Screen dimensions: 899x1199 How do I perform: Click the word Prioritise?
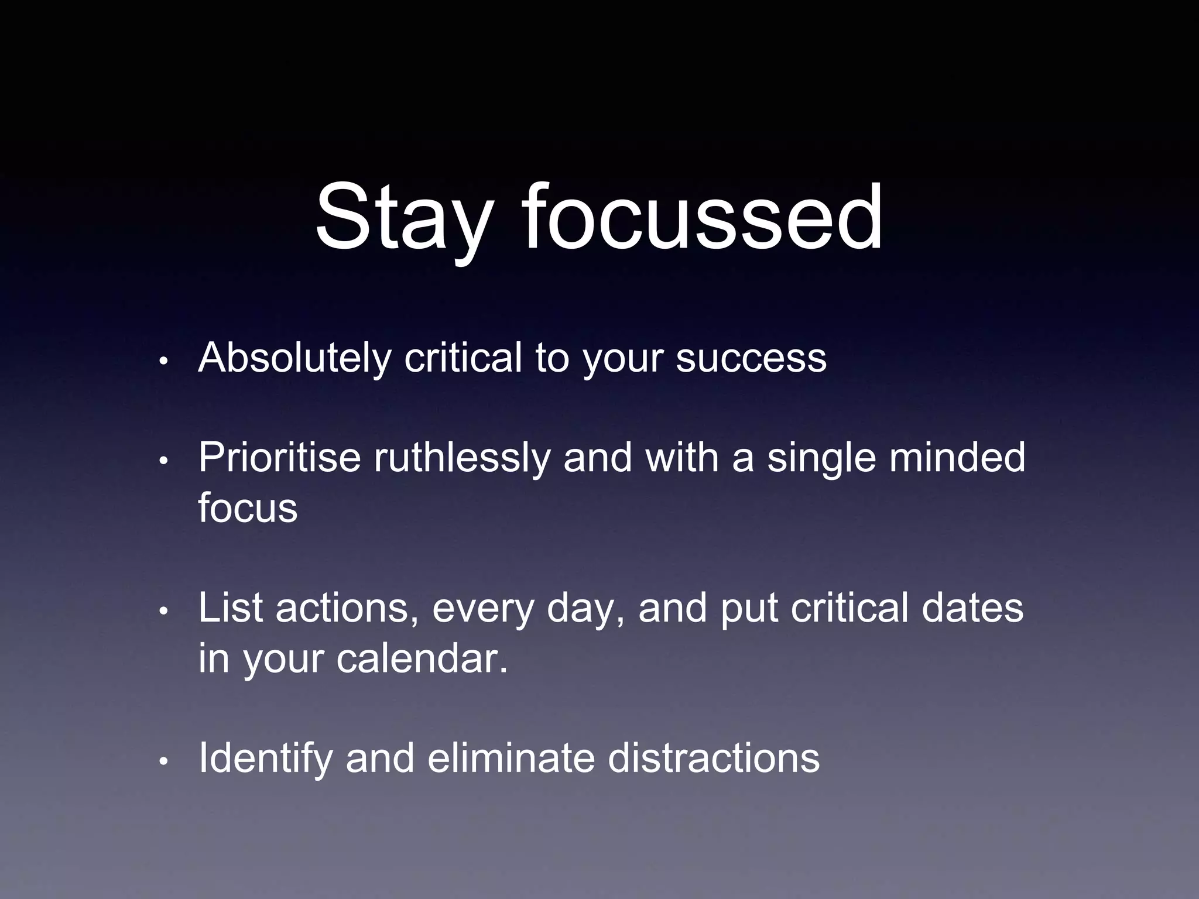[279, 458]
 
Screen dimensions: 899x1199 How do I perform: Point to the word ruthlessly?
[462, 458]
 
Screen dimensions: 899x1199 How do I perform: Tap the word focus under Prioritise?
[248, 508]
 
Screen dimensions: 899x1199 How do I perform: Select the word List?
[229, 608]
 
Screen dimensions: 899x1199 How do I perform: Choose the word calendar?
[422, 658]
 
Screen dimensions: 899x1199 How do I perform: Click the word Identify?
[265, 759]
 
